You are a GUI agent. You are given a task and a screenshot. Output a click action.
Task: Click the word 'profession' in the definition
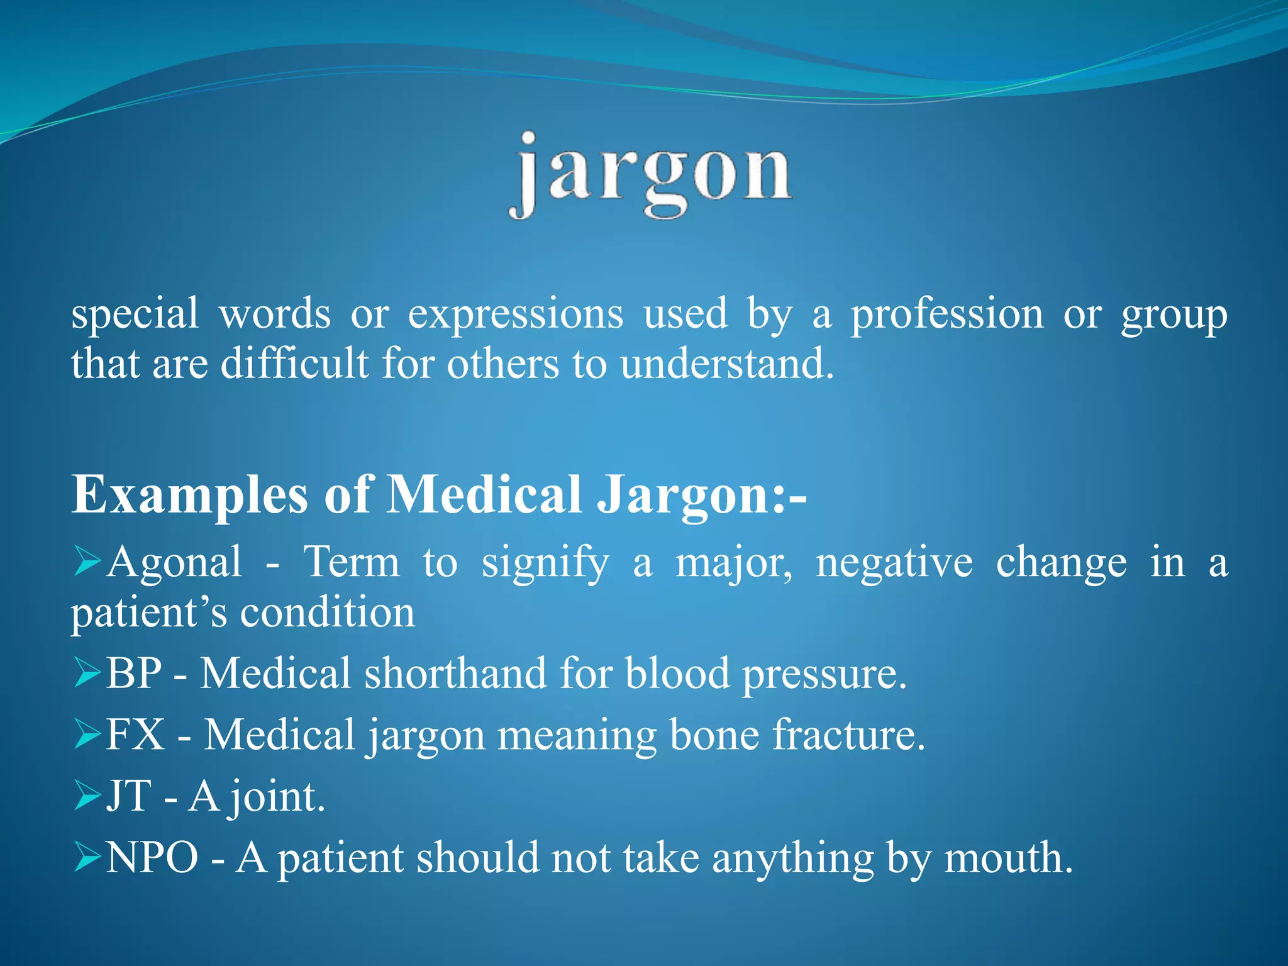(x=947, y=314)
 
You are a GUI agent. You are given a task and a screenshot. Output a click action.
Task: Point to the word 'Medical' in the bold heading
(x=484, y=495)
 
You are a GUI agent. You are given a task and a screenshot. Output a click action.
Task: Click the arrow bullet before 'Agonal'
(x=87, y=561)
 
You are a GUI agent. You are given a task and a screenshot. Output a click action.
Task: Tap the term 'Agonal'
(x=174, y=562)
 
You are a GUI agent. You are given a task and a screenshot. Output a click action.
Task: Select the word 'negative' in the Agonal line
(x=894, y=562)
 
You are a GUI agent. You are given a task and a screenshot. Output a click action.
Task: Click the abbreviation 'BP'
(x=134, y=673)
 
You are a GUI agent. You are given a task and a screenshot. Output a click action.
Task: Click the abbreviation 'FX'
(x=135, y=734)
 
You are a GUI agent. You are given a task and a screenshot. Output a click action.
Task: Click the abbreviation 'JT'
(x=129, y=796)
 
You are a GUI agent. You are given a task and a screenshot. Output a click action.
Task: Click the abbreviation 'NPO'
(x=152, y=857)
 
